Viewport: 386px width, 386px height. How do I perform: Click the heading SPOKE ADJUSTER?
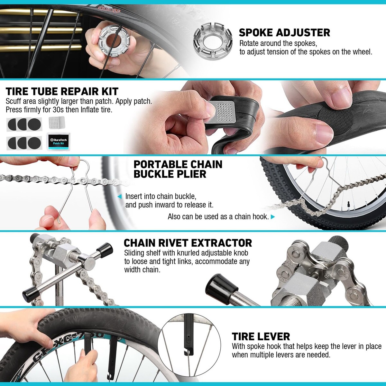[284, 32]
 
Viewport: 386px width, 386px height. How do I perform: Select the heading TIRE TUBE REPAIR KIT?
[62, 92]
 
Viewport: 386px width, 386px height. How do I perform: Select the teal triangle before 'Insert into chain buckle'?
[120, 197]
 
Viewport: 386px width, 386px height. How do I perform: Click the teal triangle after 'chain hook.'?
[273, 217]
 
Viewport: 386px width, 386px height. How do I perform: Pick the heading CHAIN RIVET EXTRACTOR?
[188, 243]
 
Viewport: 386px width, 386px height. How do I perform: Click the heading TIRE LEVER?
[261, 336]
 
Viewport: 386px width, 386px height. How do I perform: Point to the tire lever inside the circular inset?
[187, 341]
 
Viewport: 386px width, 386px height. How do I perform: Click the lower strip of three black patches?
[24, 142]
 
